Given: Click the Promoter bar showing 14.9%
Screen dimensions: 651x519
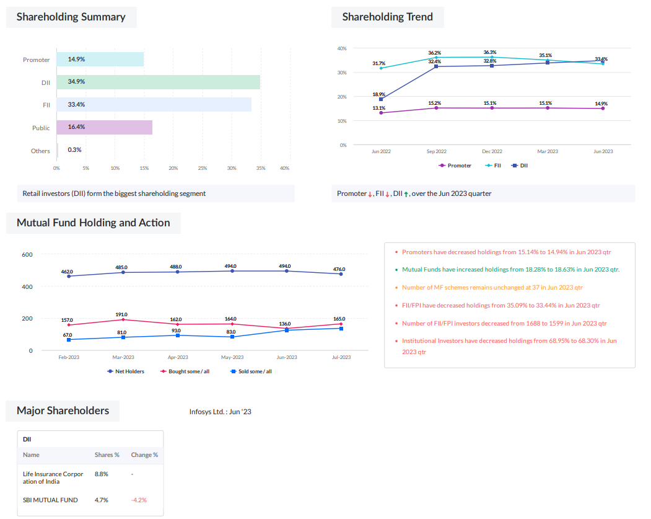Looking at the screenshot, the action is (x=100, y=60).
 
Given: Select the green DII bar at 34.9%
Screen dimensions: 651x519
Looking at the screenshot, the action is (x=158, y=82).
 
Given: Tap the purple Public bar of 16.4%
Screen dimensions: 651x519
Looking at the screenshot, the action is (x=104, y=128).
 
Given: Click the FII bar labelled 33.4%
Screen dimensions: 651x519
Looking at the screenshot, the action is (x=154, y=105).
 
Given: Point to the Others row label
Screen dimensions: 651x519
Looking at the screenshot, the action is (x=40, y=151).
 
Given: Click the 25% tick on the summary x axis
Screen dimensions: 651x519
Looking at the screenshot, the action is (x=203, y=168).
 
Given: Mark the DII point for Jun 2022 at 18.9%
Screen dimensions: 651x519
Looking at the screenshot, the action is (x=381, y=99).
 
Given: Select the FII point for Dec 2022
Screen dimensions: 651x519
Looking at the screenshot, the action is (x=492, y=57).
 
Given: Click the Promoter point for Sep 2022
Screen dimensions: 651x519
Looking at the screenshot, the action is (x=436, y=108).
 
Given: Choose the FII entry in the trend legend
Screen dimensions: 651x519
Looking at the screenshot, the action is (x=493, y=166).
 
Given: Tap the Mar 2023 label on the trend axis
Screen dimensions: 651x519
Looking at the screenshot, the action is (x=548, y=151).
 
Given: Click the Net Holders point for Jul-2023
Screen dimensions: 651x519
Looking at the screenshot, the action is (x=341, y=274).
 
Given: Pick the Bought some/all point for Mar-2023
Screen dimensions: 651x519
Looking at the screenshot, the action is (x=123, y=319).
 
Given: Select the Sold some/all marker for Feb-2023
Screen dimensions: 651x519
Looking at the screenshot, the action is (x=69, y=340).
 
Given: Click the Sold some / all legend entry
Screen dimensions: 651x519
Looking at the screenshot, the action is (x=251, y=371).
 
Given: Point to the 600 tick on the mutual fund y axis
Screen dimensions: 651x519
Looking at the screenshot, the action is (x=27, y=255).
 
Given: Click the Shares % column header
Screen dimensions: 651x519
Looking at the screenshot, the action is (x=107, y=455).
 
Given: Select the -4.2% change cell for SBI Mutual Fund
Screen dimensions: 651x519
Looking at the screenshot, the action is (x=139, y=500).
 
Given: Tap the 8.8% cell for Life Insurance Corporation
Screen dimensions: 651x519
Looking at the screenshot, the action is (x=102, y=474).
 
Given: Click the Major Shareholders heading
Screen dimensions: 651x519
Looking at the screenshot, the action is (x=63, y=410).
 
